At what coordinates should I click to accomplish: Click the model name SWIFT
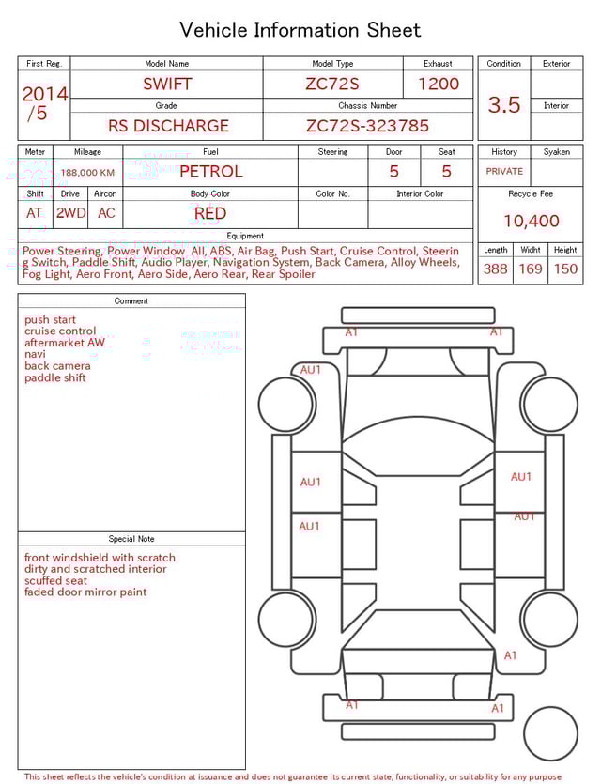[167, 84]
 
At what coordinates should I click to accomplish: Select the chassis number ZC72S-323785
[367, 125]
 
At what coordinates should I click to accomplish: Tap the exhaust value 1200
[439, 84]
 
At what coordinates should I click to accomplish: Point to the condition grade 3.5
[504, 104]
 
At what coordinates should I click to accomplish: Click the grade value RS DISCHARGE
[168, 125]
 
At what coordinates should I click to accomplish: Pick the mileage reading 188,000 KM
[88, 173]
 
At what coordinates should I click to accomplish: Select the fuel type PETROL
[210, 171]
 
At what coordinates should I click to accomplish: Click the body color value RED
[210, 213]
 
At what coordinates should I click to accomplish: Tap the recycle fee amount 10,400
[531, 221]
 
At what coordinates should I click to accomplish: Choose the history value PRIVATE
[504, 172]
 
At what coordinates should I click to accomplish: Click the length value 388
[495, 269]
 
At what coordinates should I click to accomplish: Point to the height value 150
[565, 269]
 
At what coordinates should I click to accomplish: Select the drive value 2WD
[70, 213]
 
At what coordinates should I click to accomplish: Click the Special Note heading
[131, 539]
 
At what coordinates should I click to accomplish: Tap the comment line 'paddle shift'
[55, 378]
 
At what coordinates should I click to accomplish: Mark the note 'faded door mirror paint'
[85, 592]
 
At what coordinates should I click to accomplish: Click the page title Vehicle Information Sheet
[300, 30]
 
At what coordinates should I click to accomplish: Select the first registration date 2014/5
[43, 103]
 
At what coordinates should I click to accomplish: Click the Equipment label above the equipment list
[245, 236]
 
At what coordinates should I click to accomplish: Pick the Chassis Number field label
[368, 106]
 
